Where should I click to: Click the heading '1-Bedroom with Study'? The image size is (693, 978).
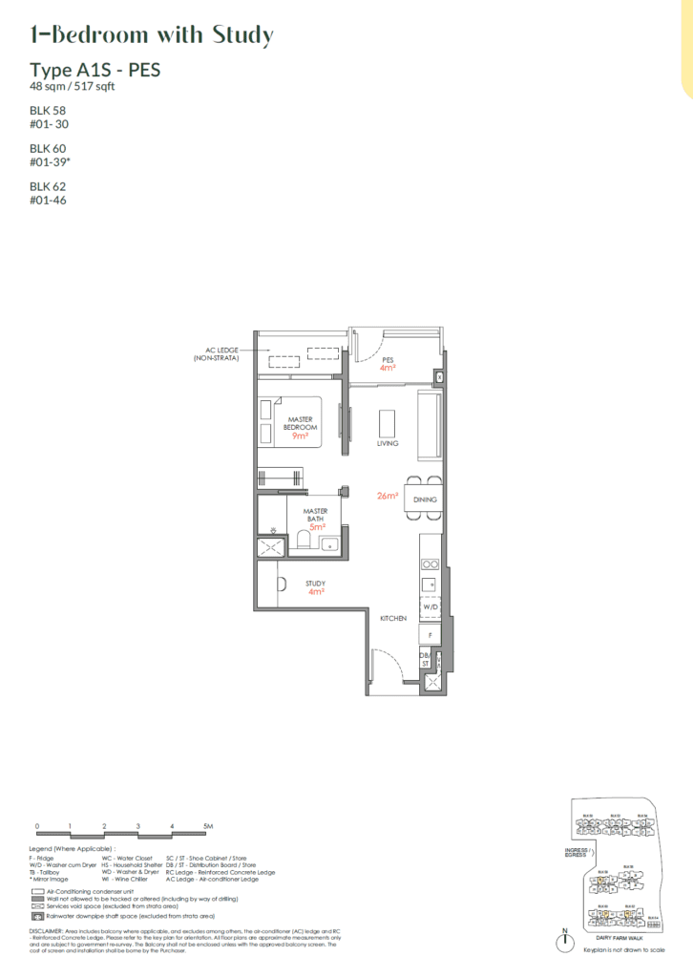pyautogui.click(x=151, y=35)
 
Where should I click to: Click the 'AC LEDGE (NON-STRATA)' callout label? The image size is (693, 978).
pyautogui.click(x=215, y=354)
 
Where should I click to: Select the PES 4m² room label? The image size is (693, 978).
pyautogui.click(x=388, y=363)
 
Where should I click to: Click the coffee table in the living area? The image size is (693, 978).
pyautogui.click(x=387, y=421)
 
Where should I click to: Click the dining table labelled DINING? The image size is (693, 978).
pyautogui.click(x=423, y=499)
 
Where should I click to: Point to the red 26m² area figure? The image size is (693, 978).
pyautogui.click(x=387, y=496)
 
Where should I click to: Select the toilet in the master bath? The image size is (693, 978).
pyautogui.click(x=303, y=542)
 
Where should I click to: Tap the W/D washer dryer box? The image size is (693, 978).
pyautogui.click(x=429, y=606)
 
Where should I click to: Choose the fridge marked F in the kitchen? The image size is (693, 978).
pyautogui.click(x=430, y=633)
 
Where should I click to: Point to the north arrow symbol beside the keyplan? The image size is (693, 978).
pyautogui.click(x=566, y=941)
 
